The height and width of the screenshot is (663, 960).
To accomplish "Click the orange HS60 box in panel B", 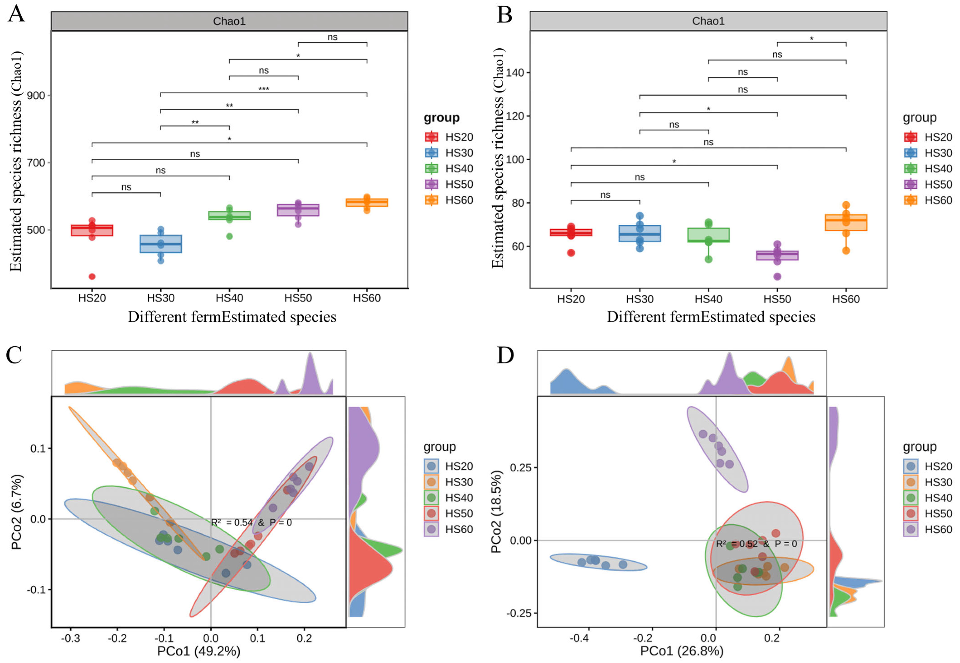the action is pyautogui.click(x=846, y=222).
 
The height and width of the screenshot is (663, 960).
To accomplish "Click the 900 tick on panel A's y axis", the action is pyautogui.click(x=36, y=95).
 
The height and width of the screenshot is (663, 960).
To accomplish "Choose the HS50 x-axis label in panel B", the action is pyautogui.click(x=777, y=299).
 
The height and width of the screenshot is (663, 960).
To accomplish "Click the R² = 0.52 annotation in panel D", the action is pyautogui.click(x=756, y=544).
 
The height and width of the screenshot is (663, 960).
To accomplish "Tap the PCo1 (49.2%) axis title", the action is pyautogui.click(x=198, y=651).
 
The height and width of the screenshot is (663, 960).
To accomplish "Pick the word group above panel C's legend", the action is pyautogui.click(x=440, y=447).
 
